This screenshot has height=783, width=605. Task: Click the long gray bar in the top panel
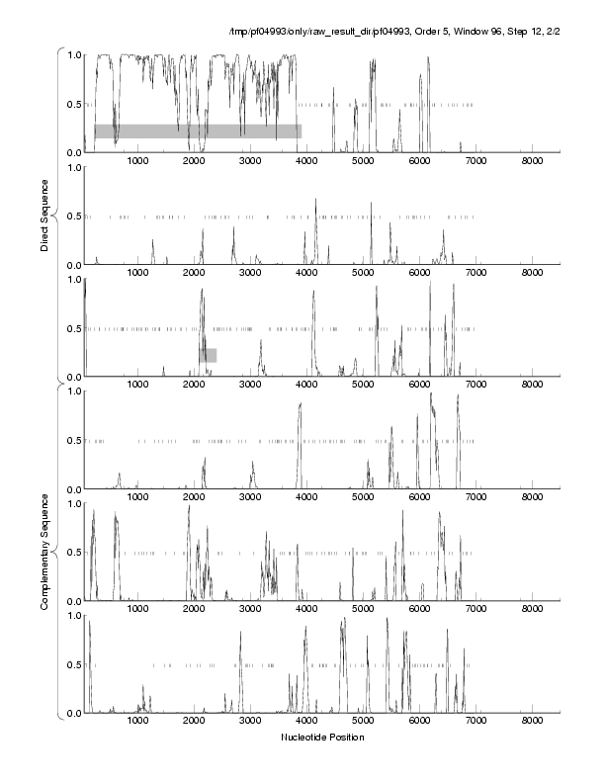point(198,130)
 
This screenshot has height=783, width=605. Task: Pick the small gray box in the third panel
point(208,355)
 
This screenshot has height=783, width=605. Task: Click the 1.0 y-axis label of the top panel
point(74,55)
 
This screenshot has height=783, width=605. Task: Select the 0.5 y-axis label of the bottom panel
point(74,664)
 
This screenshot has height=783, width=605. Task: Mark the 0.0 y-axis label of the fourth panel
point(74,489)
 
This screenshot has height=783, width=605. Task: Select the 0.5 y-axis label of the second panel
point(74,217)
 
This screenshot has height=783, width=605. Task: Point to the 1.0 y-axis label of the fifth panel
point(74,503)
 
